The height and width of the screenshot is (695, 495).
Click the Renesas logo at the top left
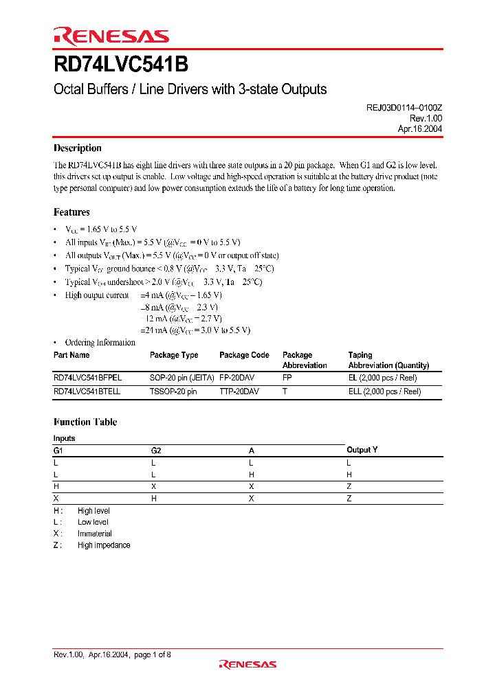[111, 36]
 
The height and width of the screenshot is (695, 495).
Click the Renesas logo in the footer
[247, 664]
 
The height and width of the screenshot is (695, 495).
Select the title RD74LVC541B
[120, 65]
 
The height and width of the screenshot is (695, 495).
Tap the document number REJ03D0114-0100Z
[404, 108]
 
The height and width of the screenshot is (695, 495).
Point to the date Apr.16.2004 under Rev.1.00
[419, 128]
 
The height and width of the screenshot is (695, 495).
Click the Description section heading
[78, 148]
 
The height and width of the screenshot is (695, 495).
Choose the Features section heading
[71, 212]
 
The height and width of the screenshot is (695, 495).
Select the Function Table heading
[85, 422]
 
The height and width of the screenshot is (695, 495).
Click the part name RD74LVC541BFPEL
[86, 378]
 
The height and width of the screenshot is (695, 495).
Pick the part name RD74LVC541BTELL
[87, 391]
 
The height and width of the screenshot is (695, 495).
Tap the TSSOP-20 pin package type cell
[173, 391]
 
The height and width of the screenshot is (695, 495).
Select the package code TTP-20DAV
[240, 391]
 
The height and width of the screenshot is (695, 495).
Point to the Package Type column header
[174, 355]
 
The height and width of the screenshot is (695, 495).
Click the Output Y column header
[362, 450]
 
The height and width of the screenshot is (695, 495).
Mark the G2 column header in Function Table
[156, 451]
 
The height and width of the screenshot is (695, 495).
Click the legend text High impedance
[104, 545]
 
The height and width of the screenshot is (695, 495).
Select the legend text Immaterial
[95, 534]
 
